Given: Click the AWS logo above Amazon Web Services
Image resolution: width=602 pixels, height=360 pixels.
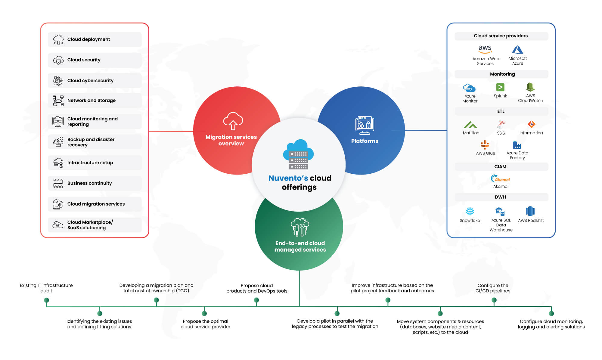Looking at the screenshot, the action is pos(485,49).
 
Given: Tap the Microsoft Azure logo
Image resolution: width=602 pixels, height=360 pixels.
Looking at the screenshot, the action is pos(518,49).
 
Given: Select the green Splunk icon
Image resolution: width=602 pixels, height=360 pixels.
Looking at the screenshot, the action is pos(500,87).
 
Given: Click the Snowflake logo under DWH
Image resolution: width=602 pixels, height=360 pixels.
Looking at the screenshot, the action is pos(470,211).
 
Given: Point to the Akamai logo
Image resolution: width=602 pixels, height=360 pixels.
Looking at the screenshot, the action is pos(500,178).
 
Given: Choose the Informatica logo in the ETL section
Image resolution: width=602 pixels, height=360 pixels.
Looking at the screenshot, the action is pos(531,124).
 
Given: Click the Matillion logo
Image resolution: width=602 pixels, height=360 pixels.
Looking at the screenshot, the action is pos(470,125).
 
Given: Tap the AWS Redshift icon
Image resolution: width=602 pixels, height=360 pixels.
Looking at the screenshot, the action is pos(530,211).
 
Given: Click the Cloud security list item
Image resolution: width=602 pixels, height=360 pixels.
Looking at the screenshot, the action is pos(95,60).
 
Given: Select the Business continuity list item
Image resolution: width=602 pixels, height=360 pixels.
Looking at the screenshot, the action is pos(95,183).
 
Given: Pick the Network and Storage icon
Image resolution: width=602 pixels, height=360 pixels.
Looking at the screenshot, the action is pos(58,101).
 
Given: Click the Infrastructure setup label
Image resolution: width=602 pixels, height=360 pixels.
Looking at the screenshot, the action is pos(90,163).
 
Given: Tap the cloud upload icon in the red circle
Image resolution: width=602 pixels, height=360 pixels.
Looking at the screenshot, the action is pos(233,121).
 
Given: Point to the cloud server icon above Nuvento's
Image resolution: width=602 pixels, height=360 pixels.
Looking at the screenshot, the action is pos(298,154).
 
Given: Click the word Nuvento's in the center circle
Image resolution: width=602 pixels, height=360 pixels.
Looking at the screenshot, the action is pos(288,178).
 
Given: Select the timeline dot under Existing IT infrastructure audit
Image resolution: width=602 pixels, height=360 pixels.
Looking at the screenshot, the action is pos(46,300).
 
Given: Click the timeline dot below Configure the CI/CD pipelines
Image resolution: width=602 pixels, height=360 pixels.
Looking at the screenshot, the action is pos(494,300).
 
